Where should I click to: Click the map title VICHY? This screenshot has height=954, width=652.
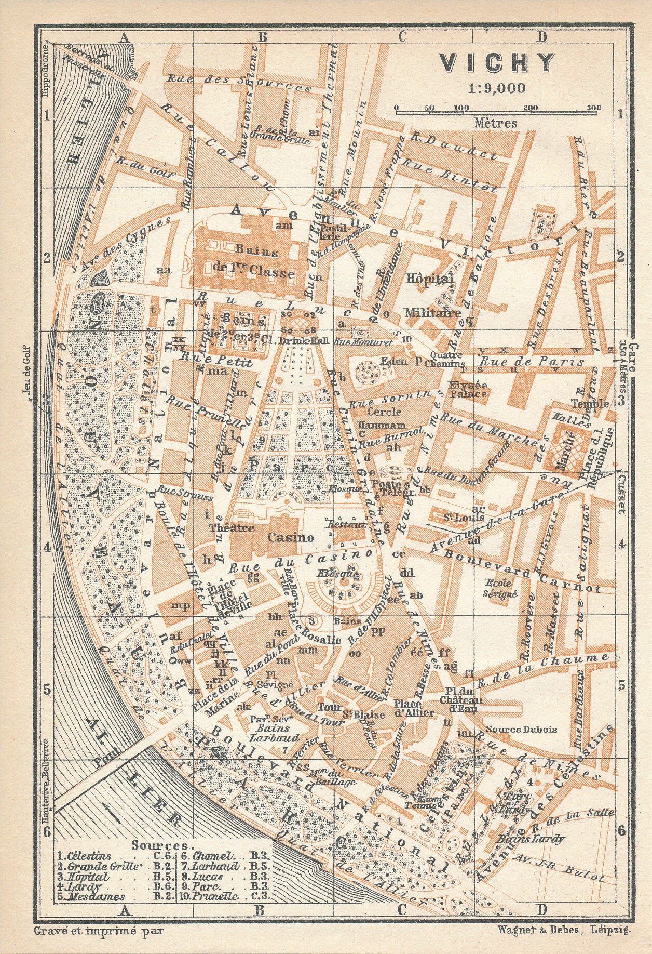pos(497,63)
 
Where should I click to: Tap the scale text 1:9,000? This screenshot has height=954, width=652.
pos(497,88)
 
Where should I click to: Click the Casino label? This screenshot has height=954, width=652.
pos(290,537)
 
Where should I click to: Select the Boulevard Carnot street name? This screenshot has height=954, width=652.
pos(522,571)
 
